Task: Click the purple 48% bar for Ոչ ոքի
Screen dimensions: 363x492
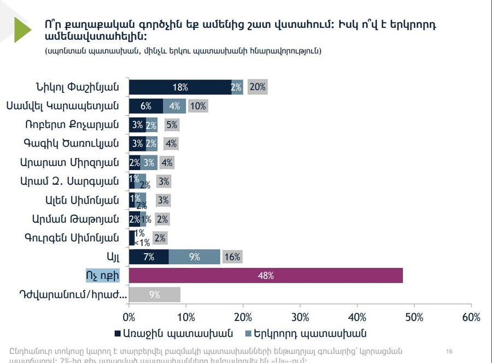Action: (266, 276)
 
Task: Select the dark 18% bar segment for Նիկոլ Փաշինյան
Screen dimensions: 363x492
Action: (180, 87)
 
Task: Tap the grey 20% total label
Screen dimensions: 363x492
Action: (257, 87)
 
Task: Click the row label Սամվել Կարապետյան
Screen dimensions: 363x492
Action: (63, 106)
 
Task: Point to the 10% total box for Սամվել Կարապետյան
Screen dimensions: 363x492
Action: (198, 106)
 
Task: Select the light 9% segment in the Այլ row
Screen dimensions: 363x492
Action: (194, 256)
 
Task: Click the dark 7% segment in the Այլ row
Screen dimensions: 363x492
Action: (149, 256)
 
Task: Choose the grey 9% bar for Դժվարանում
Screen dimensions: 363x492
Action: (155, 295)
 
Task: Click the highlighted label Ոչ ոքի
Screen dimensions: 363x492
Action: (102, 274)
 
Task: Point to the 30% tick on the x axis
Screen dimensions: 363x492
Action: (300, 317)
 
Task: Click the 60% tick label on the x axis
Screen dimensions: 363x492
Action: (471, 317)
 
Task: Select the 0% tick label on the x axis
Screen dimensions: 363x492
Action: (129, 317)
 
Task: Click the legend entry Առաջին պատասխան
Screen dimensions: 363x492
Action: (173, 333)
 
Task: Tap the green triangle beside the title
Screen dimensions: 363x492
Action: (22, 30)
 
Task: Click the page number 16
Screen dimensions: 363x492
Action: (450, 351)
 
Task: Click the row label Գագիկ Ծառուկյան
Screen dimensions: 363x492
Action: (71, 144)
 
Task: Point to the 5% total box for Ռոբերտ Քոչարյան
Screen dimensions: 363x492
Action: (172, 125)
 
